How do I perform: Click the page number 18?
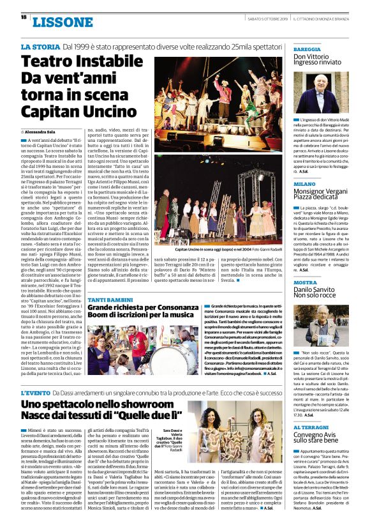click(x=24, y=17)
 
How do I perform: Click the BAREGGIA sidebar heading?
click(x=307, y=49)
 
